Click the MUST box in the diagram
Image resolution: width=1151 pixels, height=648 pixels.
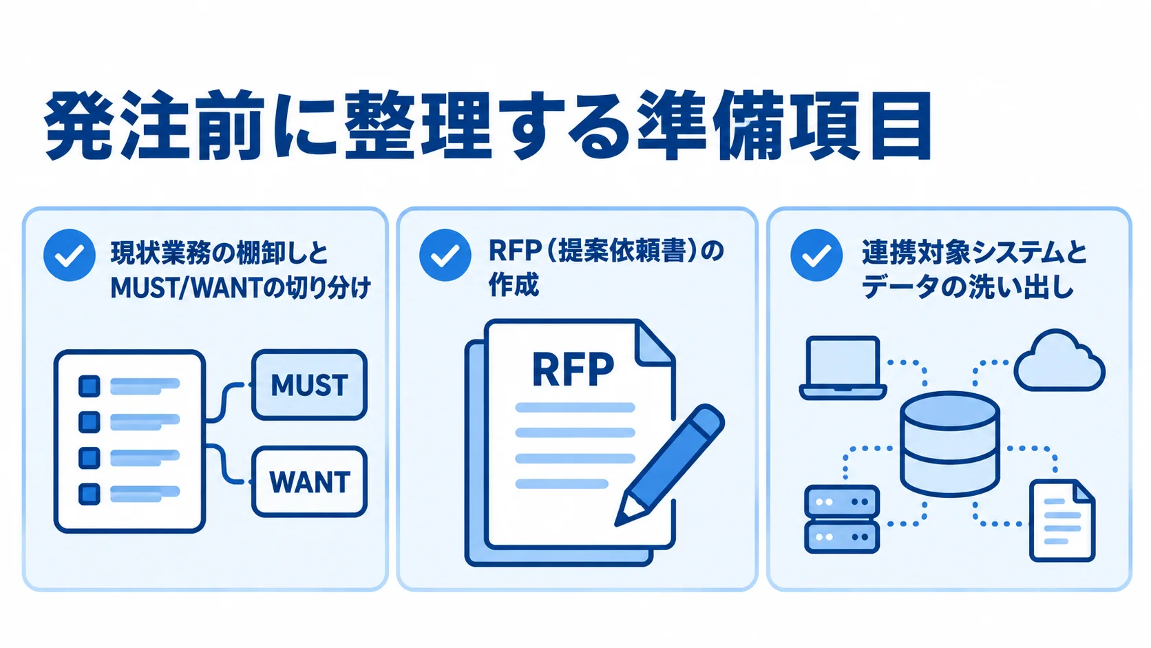coord(309,385)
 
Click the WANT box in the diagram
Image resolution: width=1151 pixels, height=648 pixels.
coord(309,481)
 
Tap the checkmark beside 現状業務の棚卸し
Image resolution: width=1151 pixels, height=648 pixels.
coord(70,255)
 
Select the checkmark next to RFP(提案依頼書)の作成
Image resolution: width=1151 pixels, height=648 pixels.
coord(445,255)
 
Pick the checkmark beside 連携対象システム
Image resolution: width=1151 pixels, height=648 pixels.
coord(816,255)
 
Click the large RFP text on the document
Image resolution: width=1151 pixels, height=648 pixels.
coord(573,369)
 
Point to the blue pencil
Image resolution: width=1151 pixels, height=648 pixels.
coord(669,465)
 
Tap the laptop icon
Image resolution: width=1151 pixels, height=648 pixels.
coord(843,368)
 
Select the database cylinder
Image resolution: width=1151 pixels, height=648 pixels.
coord(949,444)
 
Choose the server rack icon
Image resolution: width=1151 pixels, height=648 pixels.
coord(842,519)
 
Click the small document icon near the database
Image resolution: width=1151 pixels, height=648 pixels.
coord(1062,521)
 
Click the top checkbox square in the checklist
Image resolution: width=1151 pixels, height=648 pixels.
coord(89,386)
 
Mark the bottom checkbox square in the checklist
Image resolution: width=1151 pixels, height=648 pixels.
coord(89,494)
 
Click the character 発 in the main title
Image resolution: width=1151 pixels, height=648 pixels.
coord(78,126)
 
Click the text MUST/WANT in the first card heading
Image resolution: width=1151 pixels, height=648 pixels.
coord(186,289)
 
